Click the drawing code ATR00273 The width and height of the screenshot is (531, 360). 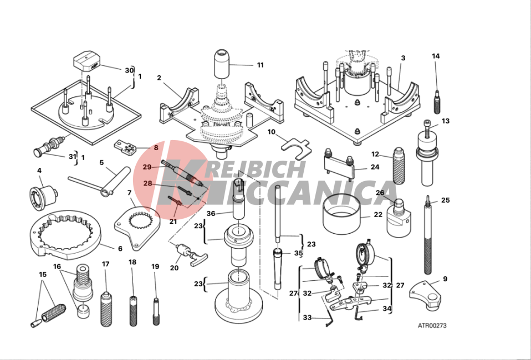432,326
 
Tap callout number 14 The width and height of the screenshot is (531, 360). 436,56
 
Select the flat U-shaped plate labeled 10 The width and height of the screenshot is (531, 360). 296,149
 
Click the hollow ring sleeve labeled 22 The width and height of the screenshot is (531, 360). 341,214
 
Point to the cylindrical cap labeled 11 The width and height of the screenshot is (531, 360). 222,65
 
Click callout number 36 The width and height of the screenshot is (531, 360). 211,213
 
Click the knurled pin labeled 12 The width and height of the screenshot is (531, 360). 399,166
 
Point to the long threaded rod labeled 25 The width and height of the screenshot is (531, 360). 428,235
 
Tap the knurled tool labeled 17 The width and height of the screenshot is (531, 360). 106,308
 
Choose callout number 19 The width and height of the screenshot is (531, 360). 155,266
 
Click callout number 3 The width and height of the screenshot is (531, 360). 403,58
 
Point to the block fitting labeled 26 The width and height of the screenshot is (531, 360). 399,218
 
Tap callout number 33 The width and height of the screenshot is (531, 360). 307,317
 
